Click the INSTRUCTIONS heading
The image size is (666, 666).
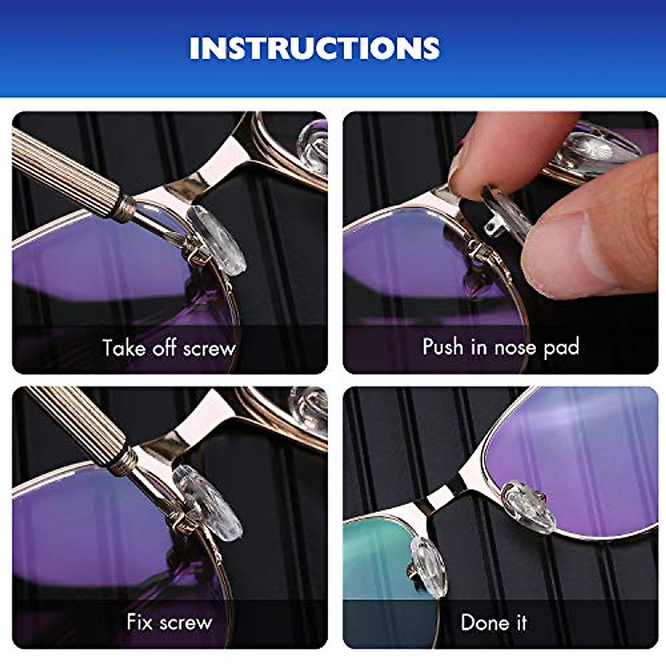click(315, 48)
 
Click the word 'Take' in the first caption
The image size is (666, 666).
click(123, 348)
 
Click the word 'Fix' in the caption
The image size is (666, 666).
click(139, 622)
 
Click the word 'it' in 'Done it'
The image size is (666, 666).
click(521, 622)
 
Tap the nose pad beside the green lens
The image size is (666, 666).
click(428, 566)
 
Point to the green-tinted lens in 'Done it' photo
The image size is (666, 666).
click(377, 561)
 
